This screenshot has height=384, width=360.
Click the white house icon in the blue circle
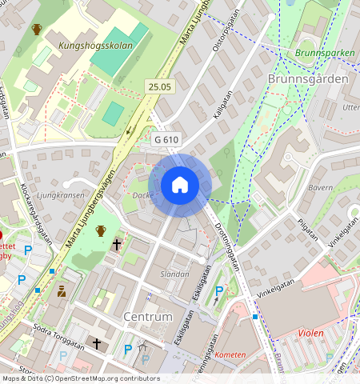coord(180,186)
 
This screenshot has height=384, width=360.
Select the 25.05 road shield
coord(159,86)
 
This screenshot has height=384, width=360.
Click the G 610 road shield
coord(166,139)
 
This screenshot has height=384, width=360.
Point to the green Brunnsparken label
coord(324,54)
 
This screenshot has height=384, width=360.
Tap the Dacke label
coord(142,195)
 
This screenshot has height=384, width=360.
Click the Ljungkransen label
coord(61,194)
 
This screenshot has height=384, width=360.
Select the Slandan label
coord(175,274)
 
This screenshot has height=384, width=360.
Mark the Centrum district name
coord(148,317)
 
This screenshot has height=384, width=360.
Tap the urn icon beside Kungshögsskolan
coord(37,30)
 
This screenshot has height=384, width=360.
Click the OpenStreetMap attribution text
coord(80,378)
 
